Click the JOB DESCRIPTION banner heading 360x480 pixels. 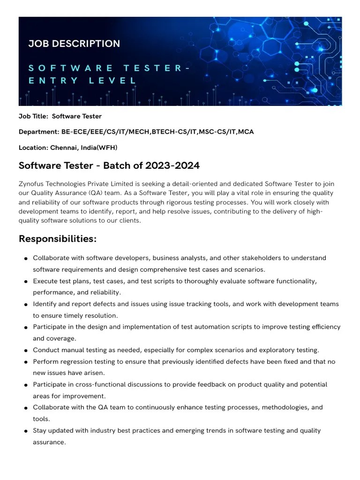click(74, 44)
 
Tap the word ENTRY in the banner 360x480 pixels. click(53, 80)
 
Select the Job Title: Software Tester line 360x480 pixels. click(60, 116)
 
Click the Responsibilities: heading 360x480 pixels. click(58, 239)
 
